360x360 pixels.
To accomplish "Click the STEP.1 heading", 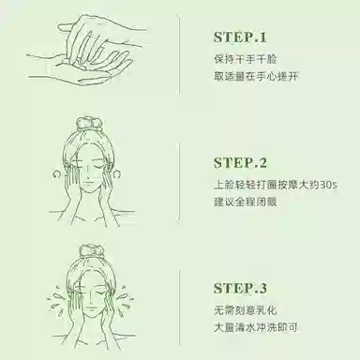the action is click(x=240, y=37).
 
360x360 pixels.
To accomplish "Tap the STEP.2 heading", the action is click(x=240, y=163).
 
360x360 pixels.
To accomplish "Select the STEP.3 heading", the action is click(x=240, y=288).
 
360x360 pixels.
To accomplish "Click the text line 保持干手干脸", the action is click(x=246, y=59).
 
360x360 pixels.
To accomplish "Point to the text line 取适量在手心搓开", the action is click(x=256, y=76).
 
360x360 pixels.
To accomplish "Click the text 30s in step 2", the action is click(x=328, y=185).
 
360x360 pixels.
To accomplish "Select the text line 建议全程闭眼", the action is click(x=246, y=202).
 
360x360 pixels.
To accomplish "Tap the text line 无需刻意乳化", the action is click(x=246, y=310).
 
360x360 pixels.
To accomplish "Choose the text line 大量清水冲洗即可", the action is click(x=255, y=327).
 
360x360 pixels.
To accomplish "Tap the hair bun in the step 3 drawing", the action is click(x=91, y=252).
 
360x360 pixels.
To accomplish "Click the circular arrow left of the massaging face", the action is click(x=56, y=173).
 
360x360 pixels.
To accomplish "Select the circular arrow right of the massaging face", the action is click(x=117, y=173).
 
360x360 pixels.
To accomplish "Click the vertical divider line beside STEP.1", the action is click(x=179, y=54).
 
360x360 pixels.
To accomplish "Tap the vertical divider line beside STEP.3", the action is click(x=179, y=307).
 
